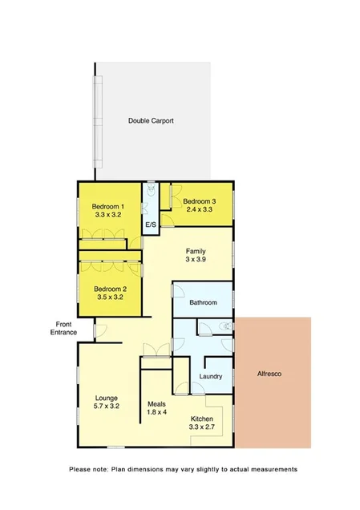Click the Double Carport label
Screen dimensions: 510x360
click(151, 121)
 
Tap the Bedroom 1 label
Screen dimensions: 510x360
click(107, 206)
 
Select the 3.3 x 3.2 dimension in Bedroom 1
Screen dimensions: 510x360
click(107, 216)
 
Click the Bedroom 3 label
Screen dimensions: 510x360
click(199, 200)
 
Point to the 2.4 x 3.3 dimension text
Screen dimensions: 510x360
click(199, 210)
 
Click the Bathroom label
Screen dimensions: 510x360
click(203, 302)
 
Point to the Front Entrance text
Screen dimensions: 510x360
click(61, 327)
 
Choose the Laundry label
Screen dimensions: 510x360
click(209, 376)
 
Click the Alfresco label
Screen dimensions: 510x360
click(273, 374)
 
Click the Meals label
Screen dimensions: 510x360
click(157, 403)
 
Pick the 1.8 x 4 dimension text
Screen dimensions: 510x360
click(157, 412)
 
